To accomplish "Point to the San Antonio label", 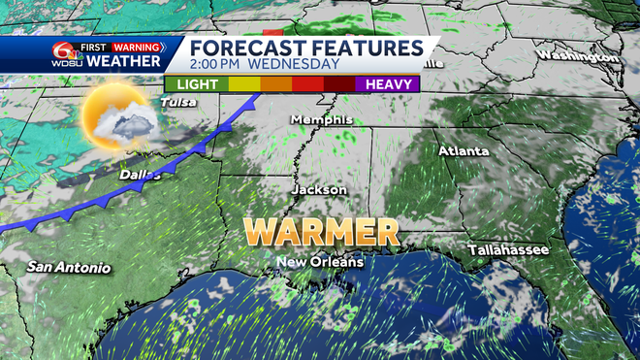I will [x=69, y=267].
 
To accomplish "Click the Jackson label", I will [x=319, y=190].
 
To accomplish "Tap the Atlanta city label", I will [x=464, y=151].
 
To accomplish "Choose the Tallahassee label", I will [x=508, y=249].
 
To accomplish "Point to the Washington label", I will [x=578, y=55].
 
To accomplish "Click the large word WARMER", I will [x=321, y=232].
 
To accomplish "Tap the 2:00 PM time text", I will [x=215, y=64].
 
